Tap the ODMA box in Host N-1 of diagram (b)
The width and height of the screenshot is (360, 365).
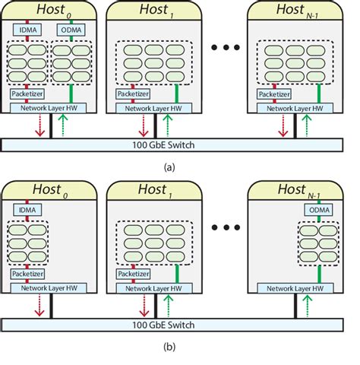click(x=320, y=210)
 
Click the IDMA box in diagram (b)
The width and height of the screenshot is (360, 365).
click(x=27, y=211)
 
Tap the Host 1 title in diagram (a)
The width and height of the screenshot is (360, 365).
click(x=155, y=9)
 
